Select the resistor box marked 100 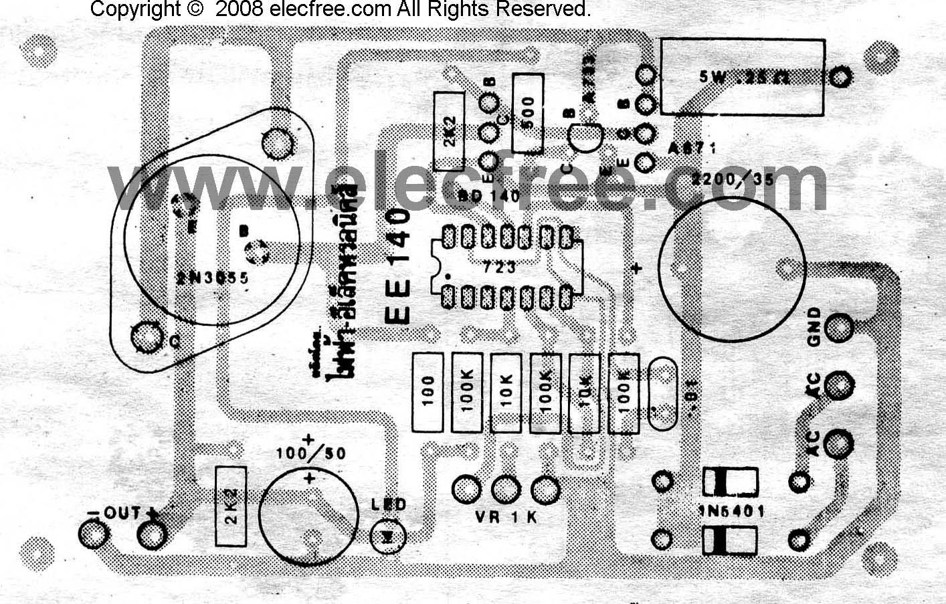[x=428, y=393]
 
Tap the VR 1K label [x=505, y=517]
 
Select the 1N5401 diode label [x=731, y=511]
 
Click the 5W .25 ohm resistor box [x=743, y=76]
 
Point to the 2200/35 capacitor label [x=733, y=179]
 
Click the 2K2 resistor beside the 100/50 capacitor [x=230, y=507]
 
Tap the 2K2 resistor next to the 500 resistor [x=449, y=132]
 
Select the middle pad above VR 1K [x=505, y=490]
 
